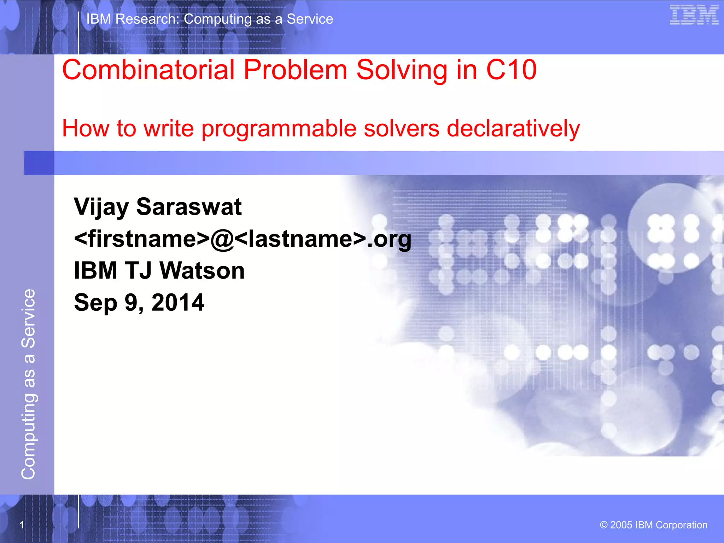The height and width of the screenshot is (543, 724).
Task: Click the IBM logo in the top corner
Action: [x=694, y=15]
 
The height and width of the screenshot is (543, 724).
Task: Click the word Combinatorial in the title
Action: [x=148, y=70]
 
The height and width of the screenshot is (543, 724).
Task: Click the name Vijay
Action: [x=101, y=207]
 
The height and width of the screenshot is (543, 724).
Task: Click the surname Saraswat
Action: [x=189, y=206]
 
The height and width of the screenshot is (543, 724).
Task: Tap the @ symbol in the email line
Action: [x=222, y=239]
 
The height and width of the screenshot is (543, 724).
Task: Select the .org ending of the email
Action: [x=389, y=240]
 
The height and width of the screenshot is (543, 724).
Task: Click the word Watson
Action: [x=202, y=271]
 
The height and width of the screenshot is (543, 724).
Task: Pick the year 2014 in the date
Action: [x=178, y=303]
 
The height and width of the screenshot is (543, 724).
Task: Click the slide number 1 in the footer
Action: [x=22, y=525]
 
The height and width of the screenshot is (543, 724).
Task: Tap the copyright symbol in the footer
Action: [x=603, y=525]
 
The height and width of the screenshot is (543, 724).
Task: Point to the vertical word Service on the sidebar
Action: [x=28, y=318]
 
